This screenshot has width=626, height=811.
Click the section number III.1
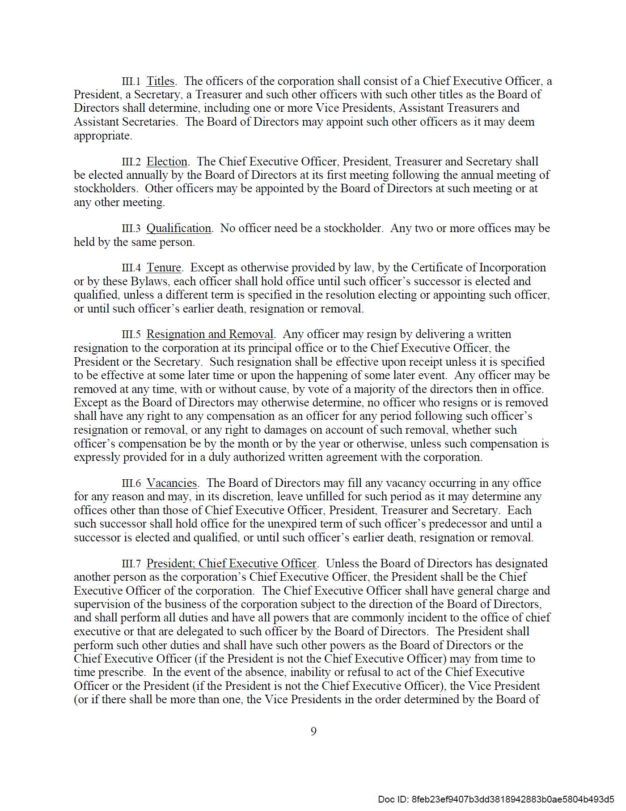(131, 81)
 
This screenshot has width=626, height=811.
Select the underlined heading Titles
(161, 81)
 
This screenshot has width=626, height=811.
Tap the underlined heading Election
(167, 162)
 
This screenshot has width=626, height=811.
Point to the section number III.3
(131, 228)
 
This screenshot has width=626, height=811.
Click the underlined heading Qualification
(179, 228)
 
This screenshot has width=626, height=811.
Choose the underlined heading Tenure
(164, 268)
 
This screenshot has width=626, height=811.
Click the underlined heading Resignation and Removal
(210, 334)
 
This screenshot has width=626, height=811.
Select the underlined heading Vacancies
(172, 483)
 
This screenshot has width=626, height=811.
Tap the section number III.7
(131, 564)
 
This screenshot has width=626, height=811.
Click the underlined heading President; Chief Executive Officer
(231, 564)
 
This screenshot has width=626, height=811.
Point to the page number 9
(313, 731)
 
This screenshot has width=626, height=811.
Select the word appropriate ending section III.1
(102, 136)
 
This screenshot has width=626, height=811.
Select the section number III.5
(131, 334)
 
